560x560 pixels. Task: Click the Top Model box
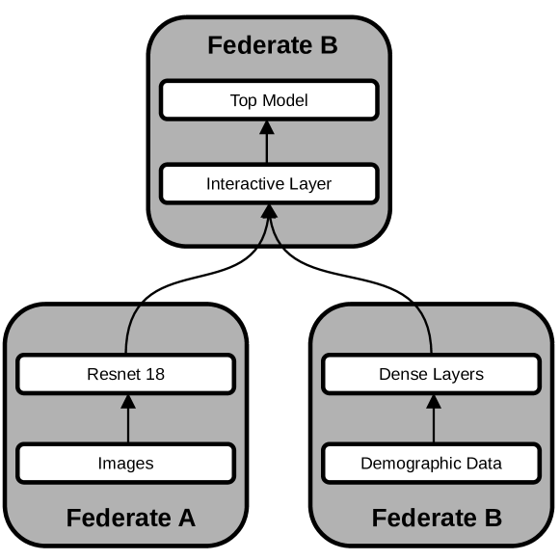point(268,100)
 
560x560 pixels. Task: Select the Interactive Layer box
point(268,183)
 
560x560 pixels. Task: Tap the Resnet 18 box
point(125,374)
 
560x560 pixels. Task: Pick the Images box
point(125,463)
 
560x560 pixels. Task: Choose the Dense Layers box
point(431,374)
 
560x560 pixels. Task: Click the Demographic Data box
point(431,463)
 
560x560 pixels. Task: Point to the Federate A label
point(130,519)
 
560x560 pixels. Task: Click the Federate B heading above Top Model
point(273,45)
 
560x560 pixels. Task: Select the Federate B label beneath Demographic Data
point(437,519)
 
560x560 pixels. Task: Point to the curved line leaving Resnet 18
point(164,288)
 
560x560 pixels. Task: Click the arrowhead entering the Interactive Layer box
point(268,212)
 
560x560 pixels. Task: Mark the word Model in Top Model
point(286,100)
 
